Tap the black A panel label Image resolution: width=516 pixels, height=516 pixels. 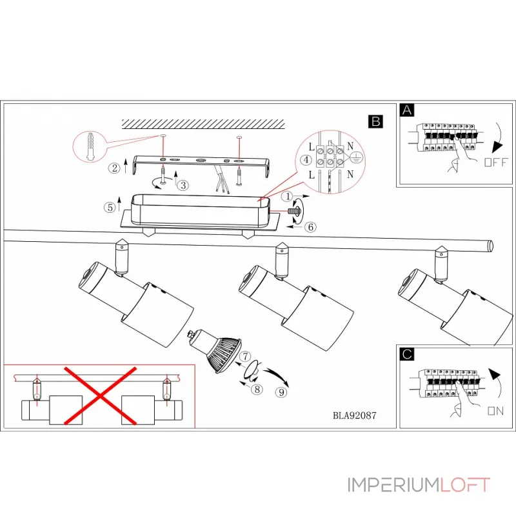(x=406, y=110)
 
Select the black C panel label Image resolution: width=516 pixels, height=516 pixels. (x=406, y=353)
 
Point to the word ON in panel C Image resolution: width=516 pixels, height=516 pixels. (x=495, y=410)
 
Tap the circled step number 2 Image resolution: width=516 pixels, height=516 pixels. (x=114, y=168)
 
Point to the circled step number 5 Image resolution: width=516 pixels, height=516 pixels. (x=110, y=208)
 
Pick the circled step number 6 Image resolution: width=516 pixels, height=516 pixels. (x=310, y=226)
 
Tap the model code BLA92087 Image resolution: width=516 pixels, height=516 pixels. (x=354, y=416)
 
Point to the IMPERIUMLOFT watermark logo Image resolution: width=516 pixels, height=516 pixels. (x=419, y=484)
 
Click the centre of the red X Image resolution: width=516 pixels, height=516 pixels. (x=101, y=397)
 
